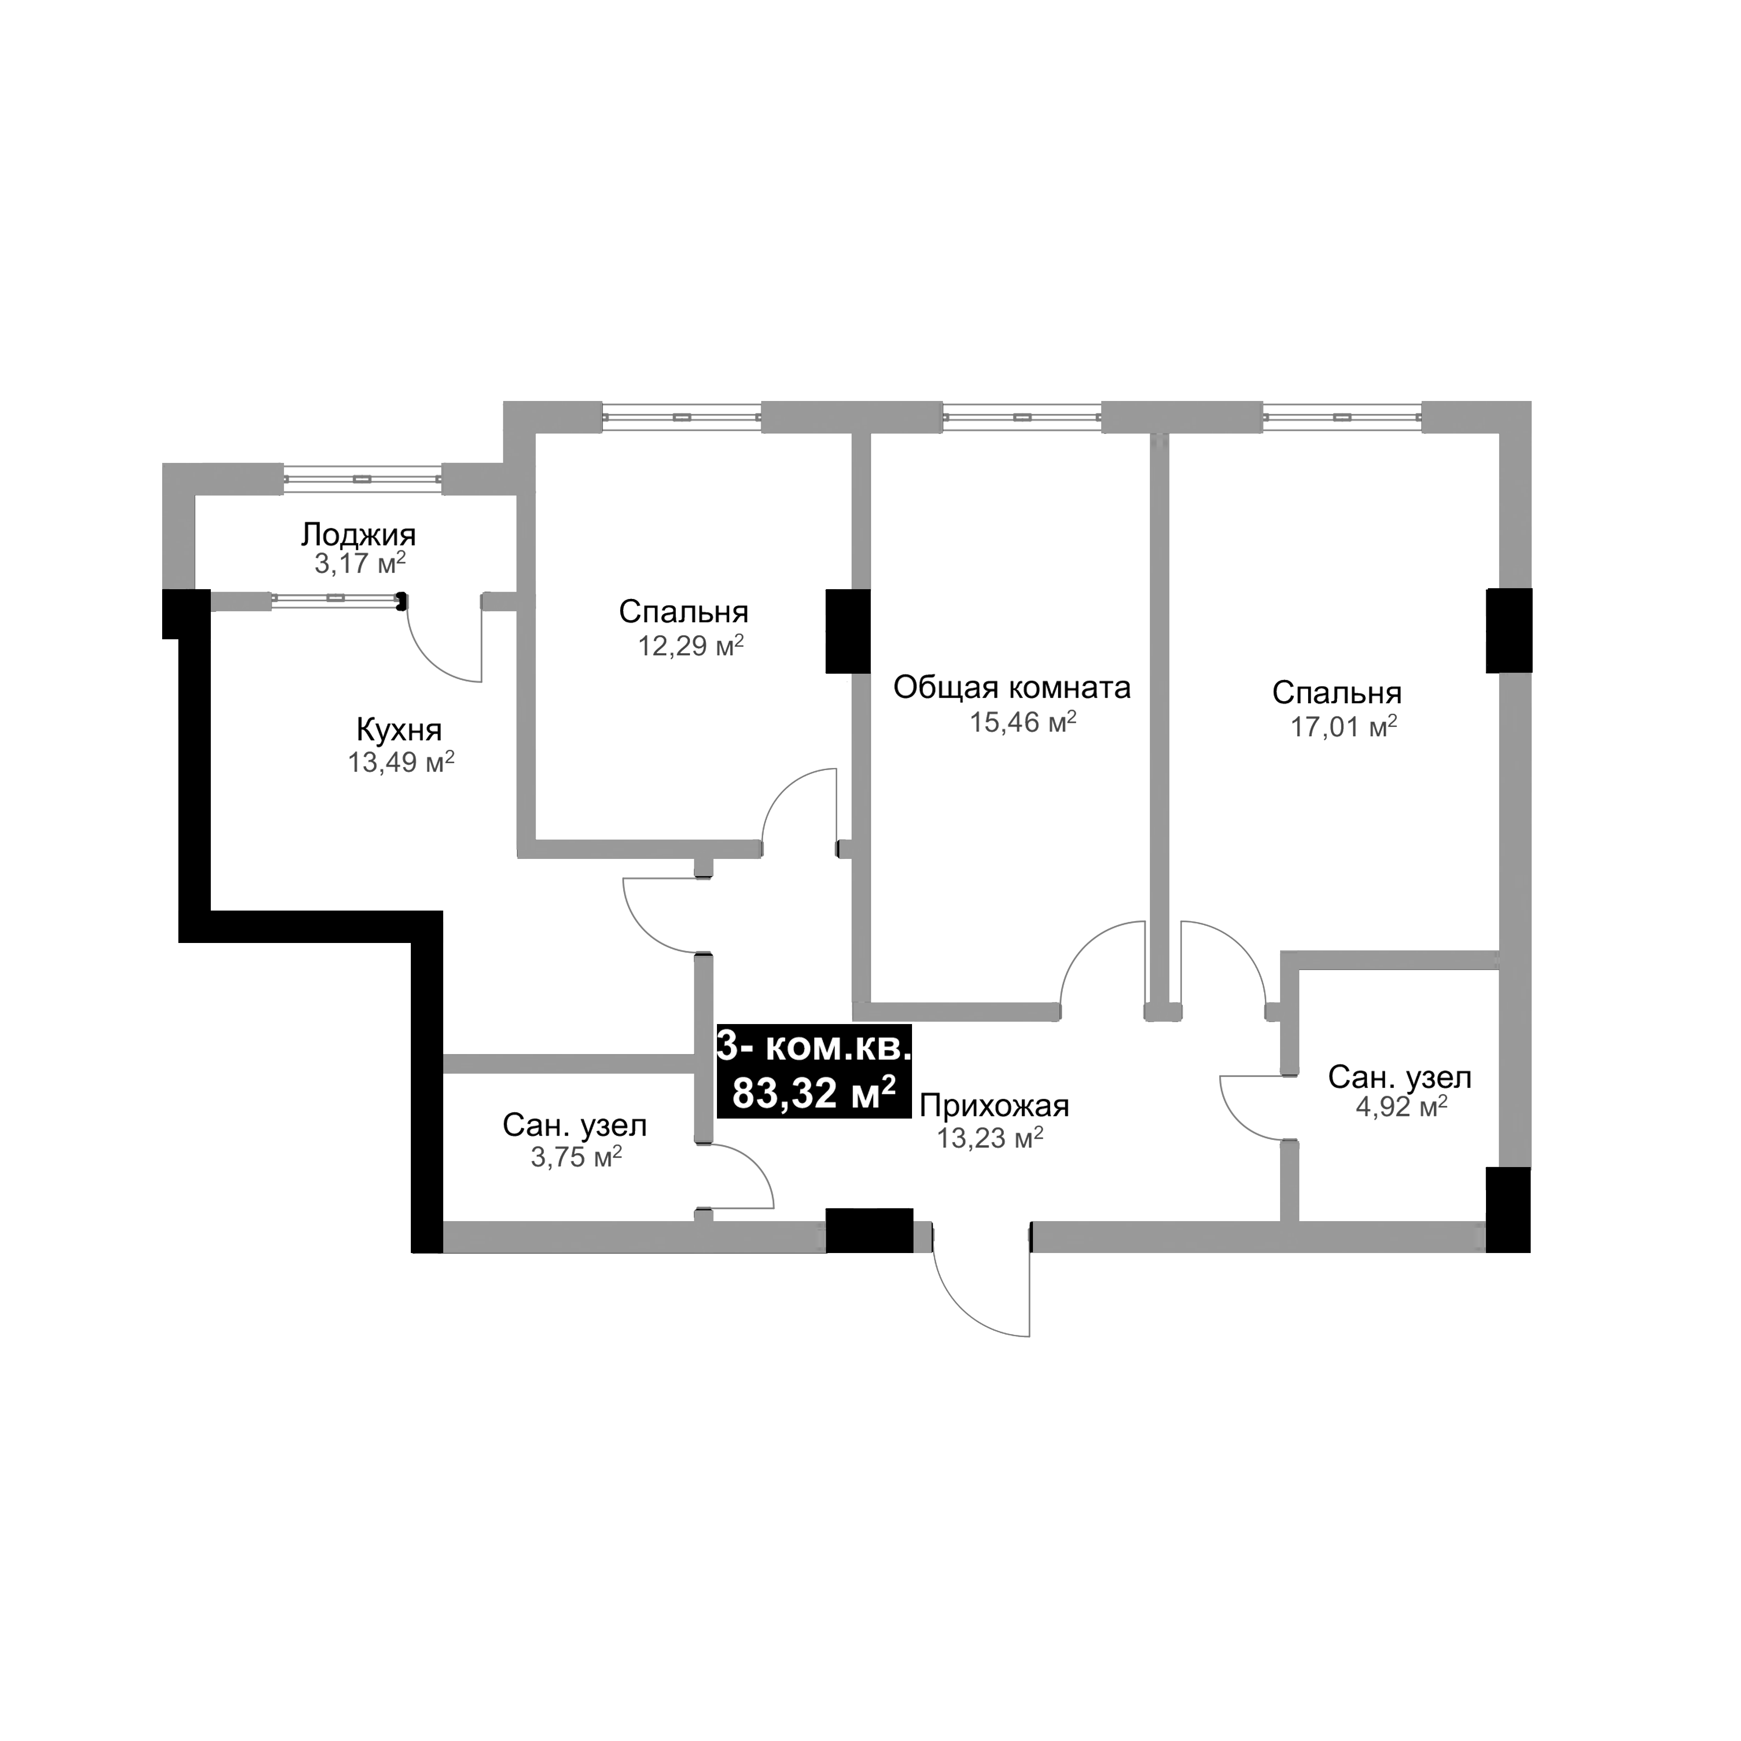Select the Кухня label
tap(399, 730)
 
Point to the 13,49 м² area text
tap(401, 763)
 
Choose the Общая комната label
tap(1012, 688)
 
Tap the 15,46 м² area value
tap(1023, 723)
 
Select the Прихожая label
tap(994, 1106)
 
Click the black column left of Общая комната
tap(847, 631)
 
